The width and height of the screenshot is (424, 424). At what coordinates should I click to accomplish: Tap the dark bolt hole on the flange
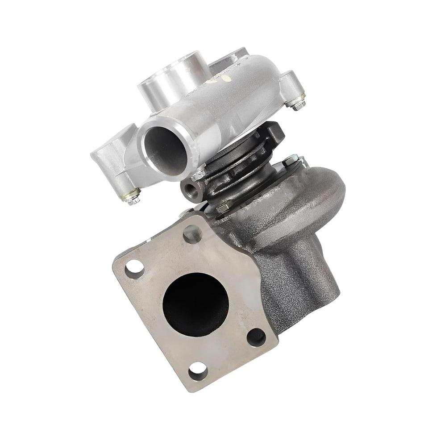[256, 337]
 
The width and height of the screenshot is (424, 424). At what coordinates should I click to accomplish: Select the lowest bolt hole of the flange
[198, 370]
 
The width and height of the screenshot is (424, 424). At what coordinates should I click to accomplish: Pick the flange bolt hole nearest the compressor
[193, 233]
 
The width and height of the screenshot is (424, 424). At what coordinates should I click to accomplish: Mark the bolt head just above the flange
[223, 206]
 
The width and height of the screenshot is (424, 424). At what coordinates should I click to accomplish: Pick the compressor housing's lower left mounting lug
[114, 161]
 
